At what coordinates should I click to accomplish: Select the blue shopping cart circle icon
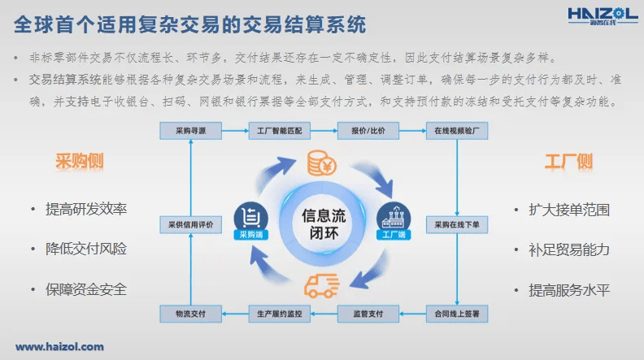[251, 218]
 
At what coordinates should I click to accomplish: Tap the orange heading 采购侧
[79, 161]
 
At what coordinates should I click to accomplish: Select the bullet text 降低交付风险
[85, 249]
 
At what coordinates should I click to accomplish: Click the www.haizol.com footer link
[59, 347]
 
